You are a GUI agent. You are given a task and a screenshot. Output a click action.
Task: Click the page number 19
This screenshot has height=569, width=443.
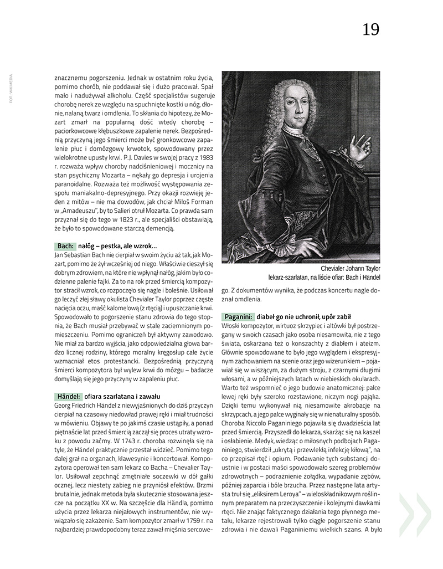point(370,30)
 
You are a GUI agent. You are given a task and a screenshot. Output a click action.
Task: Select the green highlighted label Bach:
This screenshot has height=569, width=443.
point(66,246)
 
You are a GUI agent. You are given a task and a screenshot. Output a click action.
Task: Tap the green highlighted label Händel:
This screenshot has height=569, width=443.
point(69,396)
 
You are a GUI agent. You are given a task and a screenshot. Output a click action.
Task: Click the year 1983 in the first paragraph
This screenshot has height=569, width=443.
point(206,157)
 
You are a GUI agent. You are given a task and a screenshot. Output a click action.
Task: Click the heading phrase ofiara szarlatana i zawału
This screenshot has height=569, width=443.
point(122,396)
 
